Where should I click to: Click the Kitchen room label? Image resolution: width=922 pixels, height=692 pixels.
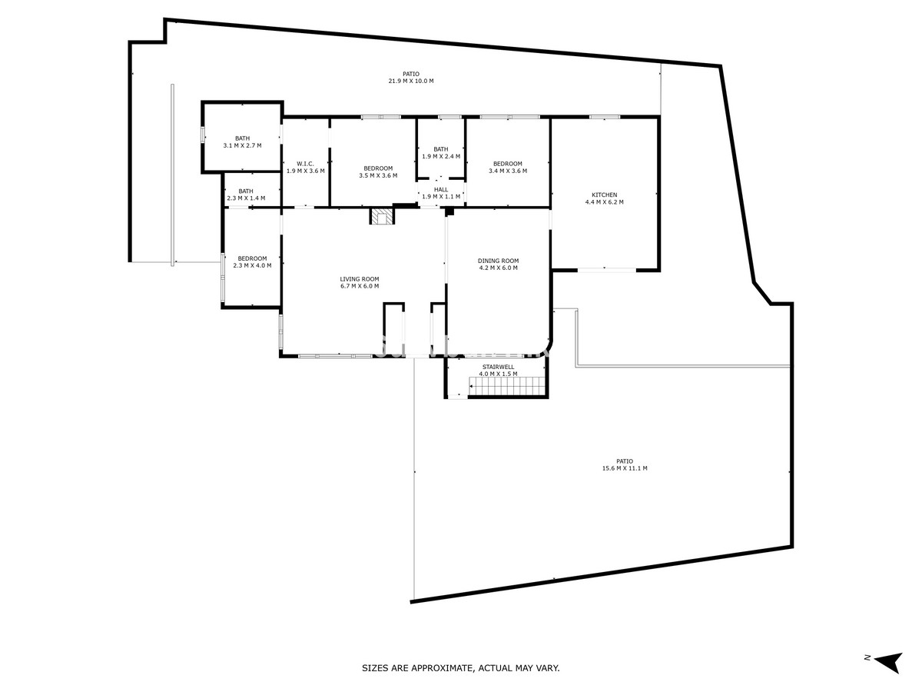(604, 195)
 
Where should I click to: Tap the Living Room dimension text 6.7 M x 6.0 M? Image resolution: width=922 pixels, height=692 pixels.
(360, 286)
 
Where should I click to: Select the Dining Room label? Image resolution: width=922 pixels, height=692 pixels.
(498, 261)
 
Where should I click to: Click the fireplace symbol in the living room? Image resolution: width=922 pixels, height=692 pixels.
(382, 217)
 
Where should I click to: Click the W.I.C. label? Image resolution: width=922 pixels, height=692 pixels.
(305, 163)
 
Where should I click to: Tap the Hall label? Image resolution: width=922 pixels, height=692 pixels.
(440, 189)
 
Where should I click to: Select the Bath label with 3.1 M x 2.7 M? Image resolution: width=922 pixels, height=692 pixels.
(242, 138)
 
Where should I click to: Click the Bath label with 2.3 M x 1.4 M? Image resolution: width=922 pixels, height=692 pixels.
(245, 191)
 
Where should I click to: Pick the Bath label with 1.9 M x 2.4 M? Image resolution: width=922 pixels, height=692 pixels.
(440, 149)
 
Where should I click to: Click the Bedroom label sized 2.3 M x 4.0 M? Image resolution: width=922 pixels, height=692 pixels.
(252, 258)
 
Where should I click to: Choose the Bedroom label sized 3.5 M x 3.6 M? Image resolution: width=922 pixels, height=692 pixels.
(378, 168)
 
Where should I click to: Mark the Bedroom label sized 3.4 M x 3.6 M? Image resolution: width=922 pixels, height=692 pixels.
(507, 164)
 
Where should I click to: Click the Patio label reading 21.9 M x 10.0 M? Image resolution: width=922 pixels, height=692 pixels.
(411, 74)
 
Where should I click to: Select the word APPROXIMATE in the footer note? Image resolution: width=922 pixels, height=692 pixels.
(440, 669)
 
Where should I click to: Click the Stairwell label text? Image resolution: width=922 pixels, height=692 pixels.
(498, 367)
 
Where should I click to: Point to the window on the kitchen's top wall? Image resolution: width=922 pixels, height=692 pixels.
(605, 117)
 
